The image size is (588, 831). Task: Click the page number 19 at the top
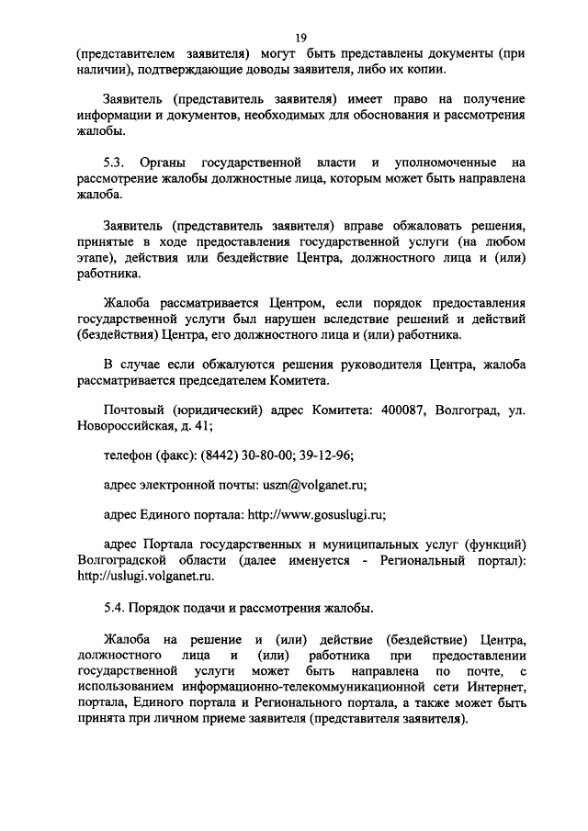pos(300,37)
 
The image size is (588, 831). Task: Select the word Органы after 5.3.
pos(170,162)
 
